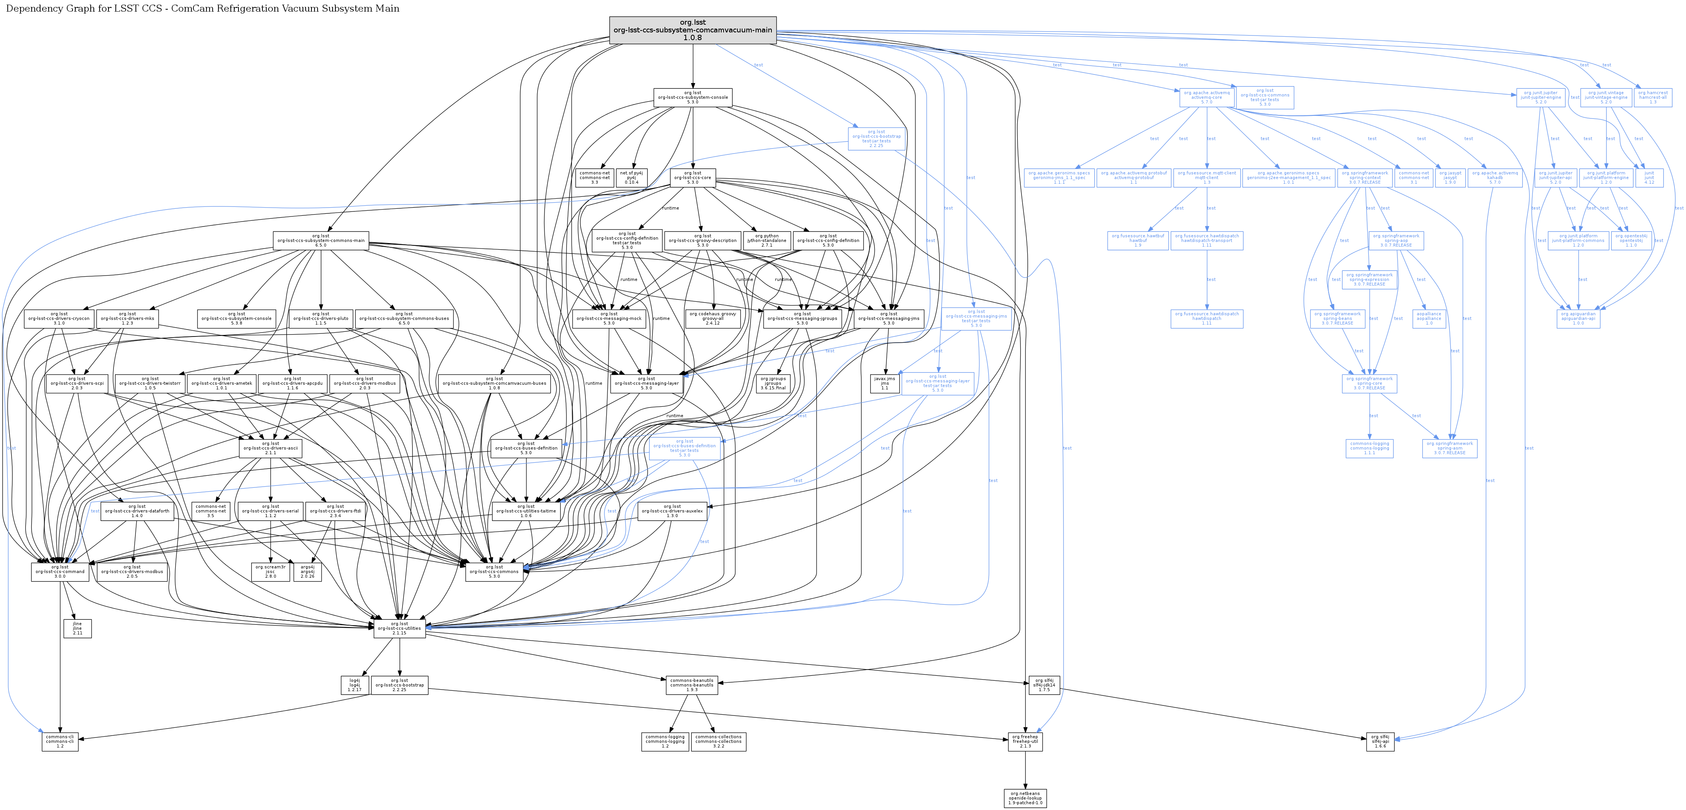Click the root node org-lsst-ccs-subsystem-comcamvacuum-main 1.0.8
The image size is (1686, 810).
tap(692, 30)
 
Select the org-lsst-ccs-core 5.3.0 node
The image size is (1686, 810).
tap(692, 177)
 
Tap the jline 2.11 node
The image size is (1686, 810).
tap(77, 629)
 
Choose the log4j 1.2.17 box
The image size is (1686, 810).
tap(355, 685)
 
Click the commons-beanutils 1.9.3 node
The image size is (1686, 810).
tap(692, 685)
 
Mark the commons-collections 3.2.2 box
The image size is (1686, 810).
tap(718, 741)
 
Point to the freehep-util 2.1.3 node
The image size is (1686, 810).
tap(1025, 741)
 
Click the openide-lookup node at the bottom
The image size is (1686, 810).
tap(1025, 798)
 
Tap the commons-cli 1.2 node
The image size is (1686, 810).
tap(60, 741)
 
